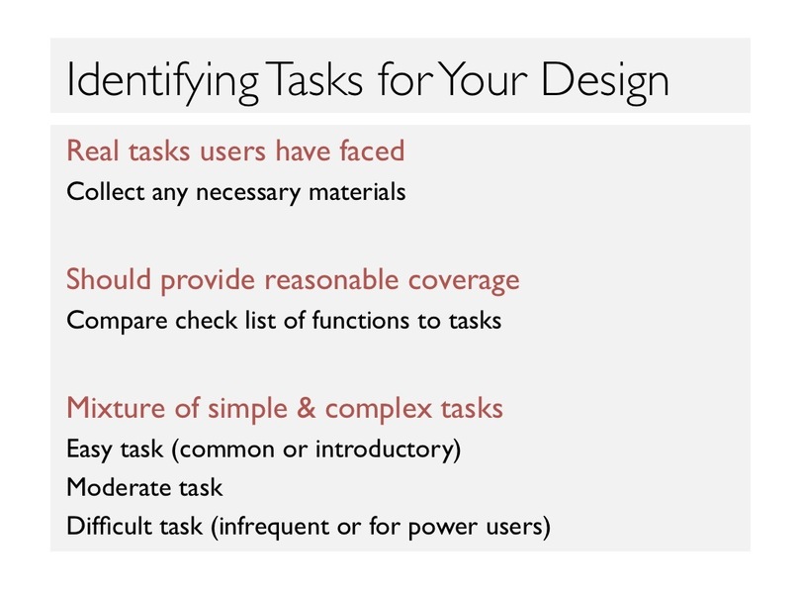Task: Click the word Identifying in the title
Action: pyautogui.click(x=162, y=81)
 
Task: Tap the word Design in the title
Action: pyautogui.click(x=605, y=81)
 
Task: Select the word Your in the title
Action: pyautogui.click(x=483, y=79)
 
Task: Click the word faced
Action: pyautogui.click(x=372, y=150)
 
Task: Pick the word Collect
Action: pyautogui.click(x=106, y=192)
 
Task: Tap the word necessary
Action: pyautogui.click(x=248, y=194)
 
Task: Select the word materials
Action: pyautogui.click(x=357, y=192)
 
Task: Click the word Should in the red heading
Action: pyautogui.click(x=109, y=279)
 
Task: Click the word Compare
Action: pyautogui.click(x=117, y=322)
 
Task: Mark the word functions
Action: pyautogui.click(x=360, y=321)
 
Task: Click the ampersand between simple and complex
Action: pyautogui.click(x=306, y=408)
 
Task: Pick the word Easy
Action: pyautogui.click(x=89, y=451)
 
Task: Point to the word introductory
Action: pyautogui.click(x=384, y=451)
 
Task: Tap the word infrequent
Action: pyautogui.click(x=274, y=528)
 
